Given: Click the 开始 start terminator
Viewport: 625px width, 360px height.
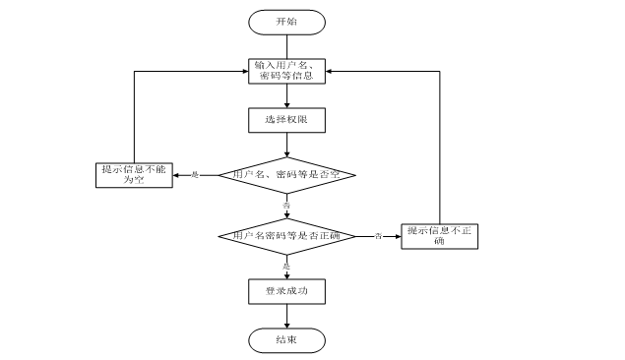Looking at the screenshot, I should (285, 22).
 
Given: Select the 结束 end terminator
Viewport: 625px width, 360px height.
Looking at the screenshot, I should (285, 339).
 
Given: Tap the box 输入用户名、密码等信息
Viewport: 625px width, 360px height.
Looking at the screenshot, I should (285, 71).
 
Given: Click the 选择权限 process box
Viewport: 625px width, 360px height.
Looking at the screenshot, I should (285, 119).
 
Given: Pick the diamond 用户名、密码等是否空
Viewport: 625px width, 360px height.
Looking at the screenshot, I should (285, 175).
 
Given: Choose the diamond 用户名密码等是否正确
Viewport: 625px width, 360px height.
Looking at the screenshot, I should (285, 236).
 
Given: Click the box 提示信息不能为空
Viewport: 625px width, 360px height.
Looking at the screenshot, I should (135, 175).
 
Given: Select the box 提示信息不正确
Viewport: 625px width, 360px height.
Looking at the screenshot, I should (438, 236).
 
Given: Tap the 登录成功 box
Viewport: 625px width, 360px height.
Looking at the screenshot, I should (285, 291).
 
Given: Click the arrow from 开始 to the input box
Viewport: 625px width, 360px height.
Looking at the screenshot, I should (285, 45).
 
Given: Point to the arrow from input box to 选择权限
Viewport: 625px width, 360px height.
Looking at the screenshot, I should (285, 95).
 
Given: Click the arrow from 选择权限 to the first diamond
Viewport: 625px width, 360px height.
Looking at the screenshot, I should (285, 144).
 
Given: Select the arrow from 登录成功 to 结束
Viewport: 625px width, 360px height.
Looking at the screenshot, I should (285, 316).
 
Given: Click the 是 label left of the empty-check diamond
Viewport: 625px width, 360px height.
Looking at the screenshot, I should (194, 175).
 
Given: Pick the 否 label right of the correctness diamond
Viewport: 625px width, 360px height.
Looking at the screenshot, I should (377, 236).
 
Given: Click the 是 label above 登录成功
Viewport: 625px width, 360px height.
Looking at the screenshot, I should (286, 266).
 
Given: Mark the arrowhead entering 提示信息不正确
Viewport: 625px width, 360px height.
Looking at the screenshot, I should (397, 236).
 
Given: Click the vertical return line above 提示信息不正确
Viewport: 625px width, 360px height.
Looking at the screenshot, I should (438, 148).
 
